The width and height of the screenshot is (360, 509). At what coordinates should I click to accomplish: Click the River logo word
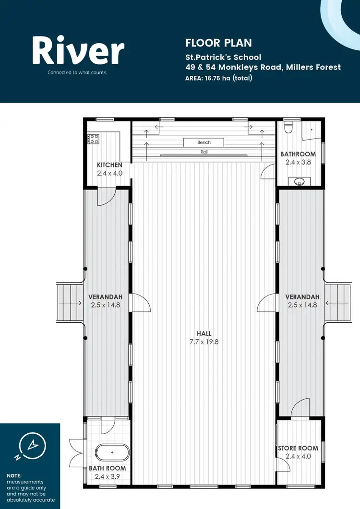(x=78, y=50)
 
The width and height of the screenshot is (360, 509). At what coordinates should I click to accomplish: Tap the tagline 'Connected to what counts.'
(x=77, y=73)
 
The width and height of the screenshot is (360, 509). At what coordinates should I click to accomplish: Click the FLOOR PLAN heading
(x=218, y=43)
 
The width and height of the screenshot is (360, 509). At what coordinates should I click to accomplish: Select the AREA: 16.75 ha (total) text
(x=218, y=78)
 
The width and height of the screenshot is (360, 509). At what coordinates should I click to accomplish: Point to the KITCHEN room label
(x=109, y=165)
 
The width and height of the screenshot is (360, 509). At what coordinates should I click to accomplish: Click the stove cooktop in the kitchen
(x=93, y=139)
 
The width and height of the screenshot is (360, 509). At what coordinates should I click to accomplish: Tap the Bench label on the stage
(x=204, y=142)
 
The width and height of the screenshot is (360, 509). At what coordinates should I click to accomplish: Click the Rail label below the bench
(x=204, y=152)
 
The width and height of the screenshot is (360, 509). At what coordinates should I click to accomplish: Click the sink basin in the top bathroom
(x=300, y=181)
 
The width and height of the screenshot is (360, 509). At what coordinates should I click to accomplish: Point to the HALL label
(x=204, y=333)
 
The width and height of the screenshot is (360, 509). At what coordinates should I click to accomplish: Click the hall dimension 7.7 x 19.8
(x=204, y=342)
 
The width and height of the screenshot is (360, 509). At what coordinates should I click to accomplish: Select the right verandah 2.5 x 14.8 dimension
(x=302, y=305)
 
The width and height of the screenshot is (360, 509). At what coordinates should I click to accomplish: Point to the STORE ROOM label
(x=298, y=448)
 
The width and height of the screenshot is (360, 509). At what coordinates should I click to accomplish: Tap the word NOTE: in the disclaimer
(x=14, y=475)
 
